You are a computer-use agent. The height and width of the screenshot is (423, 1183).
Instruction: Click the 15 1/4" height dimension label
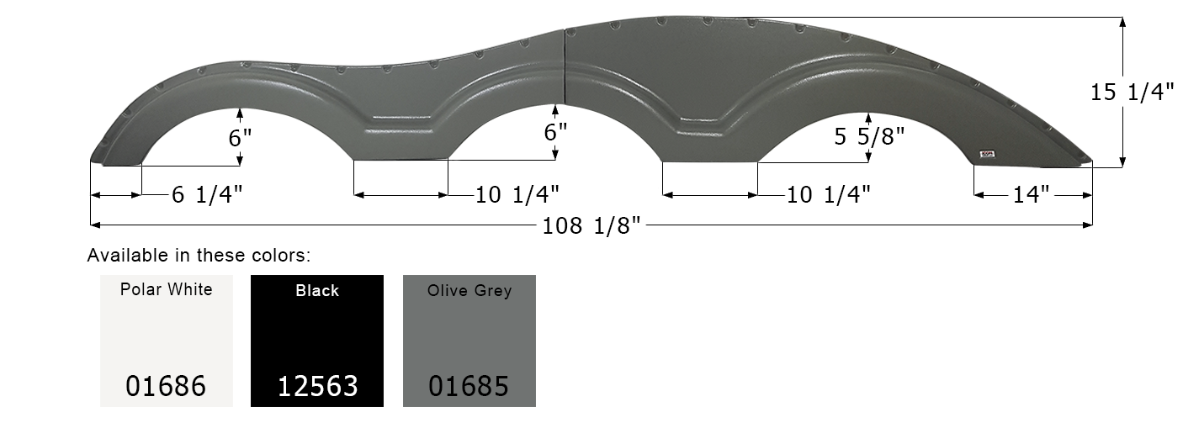(1132, 93)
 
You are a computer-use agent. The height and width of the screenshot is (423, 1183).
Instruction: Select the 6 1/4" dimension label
(207, 195)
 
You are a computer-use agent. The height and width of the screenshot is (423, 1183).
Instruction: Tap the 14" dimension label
(1031, 195)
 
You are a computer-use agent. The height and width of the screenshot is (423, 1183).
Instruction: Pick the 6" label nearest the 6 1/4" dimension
(241, 137)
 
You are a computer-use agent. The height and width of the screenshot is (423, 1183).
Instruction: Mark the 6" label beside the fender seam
(555, 132)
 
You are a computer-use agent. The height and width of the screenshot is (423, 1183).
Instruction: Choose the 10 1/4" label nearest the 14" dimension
(828, 195)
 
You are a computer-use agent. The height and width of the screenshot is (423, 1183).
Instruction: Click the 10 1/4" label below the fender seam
(517, 195)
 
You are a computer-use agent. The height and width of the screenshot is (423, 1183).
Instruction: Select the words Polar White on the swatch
(166, 290)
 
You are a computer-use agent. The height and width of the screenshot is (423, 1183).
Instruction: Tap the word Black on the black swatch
(317, 291)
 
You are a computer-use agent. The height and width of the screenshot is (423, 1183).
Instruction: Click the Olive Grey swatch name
(469, 291)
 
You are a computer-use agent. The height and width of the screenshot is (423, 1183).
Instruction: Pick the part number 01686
(166, 386)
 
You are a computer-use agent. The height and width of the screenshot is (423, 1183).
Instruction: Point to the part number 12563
(317, 386)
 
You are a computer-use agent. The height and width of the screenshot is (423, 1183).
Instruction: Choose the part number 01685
(469, 386)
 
